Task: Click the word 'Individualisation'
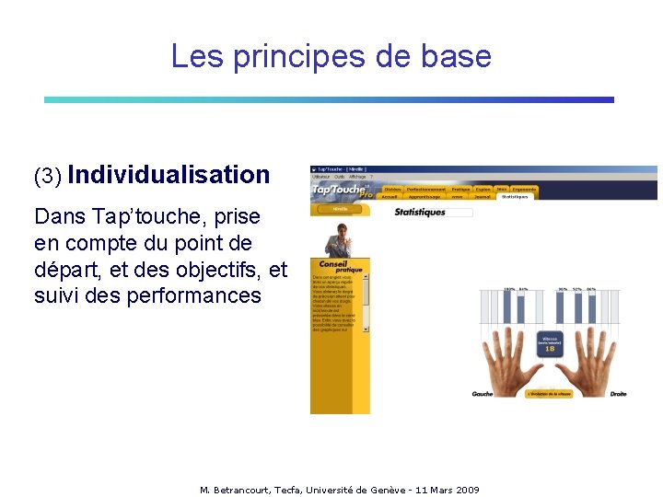coord(169,174)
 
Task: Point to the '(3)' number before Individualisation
coord(47,176)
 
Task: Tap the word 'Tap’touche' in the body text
coord(145,217)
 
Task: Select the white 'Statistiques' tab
coord(516,196)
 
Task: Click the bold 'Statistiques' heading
coord(420,213)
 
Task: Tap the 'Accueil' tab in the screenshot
coord(390,196)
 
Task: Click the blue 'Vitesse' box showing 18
coord(550,343)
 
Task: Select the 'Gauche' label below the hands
coord(483,394)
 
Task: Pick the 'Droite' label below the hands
coord(618,394)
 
